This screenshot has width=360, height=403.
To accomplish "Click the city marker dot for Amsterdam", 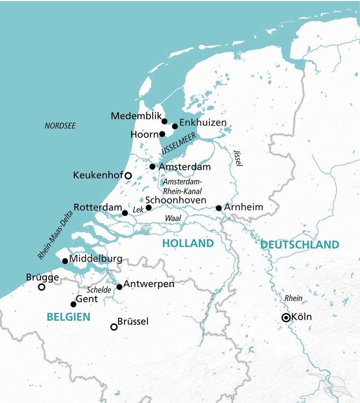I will [152, 167].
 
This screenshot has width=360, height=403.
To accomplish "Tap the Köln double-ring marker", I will [286, 317].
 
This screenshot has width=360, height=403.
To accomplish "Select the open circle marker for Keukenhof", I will [128, 176].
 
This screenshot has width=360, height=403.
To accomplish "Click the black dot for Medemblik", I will [164, 121].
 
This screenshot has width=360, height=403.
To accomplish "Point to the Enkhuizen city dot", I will [175, 126].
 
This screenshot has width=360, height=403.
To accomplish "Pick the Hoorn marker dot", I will [162, 134].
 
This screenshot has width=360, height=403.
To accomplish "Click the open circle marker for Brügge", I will [42, 287].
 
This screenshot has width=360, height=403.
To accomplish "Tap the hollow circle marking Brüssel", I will [114, 327].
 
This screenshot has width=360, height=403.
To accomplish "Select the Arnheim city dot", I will [219, 208].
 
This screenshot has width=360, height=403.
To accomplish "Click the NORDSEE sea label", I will [60, 126].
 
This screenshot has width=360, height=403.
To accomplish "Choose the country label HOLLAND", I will [188, 244].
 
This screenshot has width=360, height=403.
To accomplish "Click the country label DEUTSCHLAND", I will [300, 245].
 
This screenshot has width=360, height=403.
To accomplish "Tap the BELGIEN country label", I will [69, 317].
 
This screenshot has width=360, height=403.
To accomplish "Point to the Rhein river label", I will [293, 298].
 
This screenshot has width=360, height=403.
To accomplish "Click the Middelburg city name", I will [96, 260].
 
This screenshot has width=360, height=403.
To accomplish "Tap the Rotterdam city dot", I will [125, 213].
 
